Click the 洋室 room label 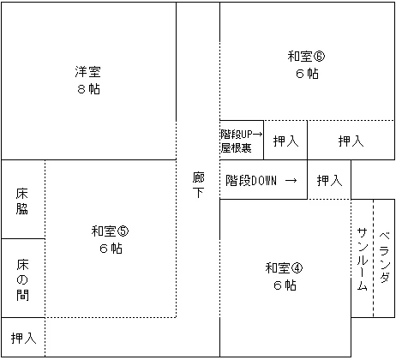[88, 71]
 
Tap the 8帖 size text [88, 89]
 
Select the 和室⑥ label [306, 56]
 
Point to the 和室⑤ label [110, 231]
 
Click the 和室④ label [284, 267]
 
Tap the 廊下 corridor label [198, 185]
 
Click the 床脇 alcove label [22, 201]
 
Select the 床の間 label [22, 280]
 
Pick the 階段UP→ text [241, 134]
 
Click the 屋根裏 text [236, 147]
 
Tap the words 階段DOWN [251, 181]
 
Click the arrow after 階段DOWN [291, 181]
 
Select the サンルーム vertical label [362, 259]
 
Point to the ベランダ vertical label [385, 257]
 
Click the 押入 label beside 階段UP [285, 141]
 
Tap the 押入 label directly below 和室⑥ [351, 141]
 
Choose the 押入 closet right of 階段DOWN [329, 181]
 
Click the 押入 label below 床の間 [24, 338]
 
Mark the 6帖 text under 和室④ [285, 285]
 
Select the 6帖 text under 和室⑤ [111, 249]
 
